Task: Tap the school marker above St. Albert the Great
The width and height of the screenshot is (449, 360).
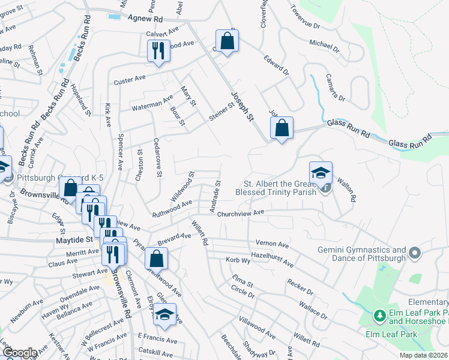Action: tap(321, 173)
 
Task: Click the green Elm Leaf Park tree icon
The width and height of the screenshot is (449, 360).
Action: tap(379, 315)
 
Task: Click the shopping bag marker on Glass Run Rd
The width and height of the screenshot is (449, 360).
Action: tap(282, 127)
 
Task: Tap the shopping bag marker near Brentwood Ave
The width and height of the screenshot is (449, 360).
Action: tap(156, 259)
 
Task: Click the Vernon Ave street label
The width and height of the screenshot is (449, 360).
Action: tap(273, 244)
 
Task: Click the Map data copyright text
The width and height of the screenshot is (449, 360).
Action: tap(423, 355)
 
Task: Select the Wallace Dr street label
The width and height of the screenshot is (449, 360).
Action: tap(315, 311)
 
